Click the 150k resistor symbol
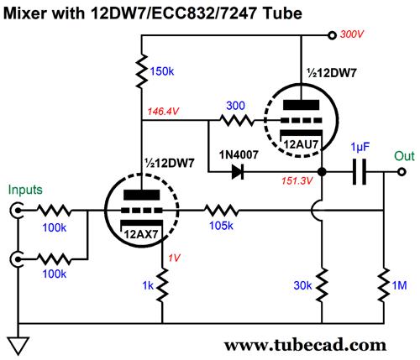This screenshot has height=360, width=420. [141, 71]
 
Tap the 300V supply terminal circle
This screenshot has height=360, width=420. [332, 35]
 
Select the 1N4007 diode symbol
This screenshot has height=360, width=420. [238, 171]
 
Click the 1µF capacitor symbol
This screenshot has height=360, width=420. [360, 171]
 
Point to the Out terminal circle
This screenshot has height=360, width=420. [402, 171]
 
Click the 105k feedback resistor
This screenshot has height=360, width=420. [221, 211]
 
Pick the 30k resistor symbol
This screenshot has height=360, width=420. [322, 284]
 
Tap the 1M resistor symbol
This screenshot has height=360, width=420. [384, 284]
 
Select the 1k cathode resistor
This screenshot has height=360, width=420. [162, 284]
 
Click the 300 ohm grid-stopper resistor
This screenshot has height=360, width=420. [237, 121]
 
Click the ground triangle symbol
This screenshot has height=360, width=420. [18, 346]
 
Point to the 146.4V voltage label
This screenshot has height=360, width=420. [163, 112]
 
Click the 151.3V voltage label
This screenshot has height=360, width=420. [297, 180]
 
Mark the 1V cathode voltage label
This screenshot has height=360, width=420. [174, 258]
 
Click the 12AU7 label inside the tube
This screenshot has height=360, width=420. [301, 144]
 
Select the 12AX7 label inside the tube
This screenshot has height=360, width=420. [141, 234]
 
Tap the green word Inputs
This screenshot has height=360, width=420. [25, 190]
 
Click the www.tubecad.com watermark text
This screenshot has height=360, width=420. [305, 345]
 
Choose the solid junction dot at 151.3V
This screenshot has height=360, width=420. [322, 171]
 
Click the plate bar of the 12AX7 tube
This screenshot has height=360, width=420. [142, 195]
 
